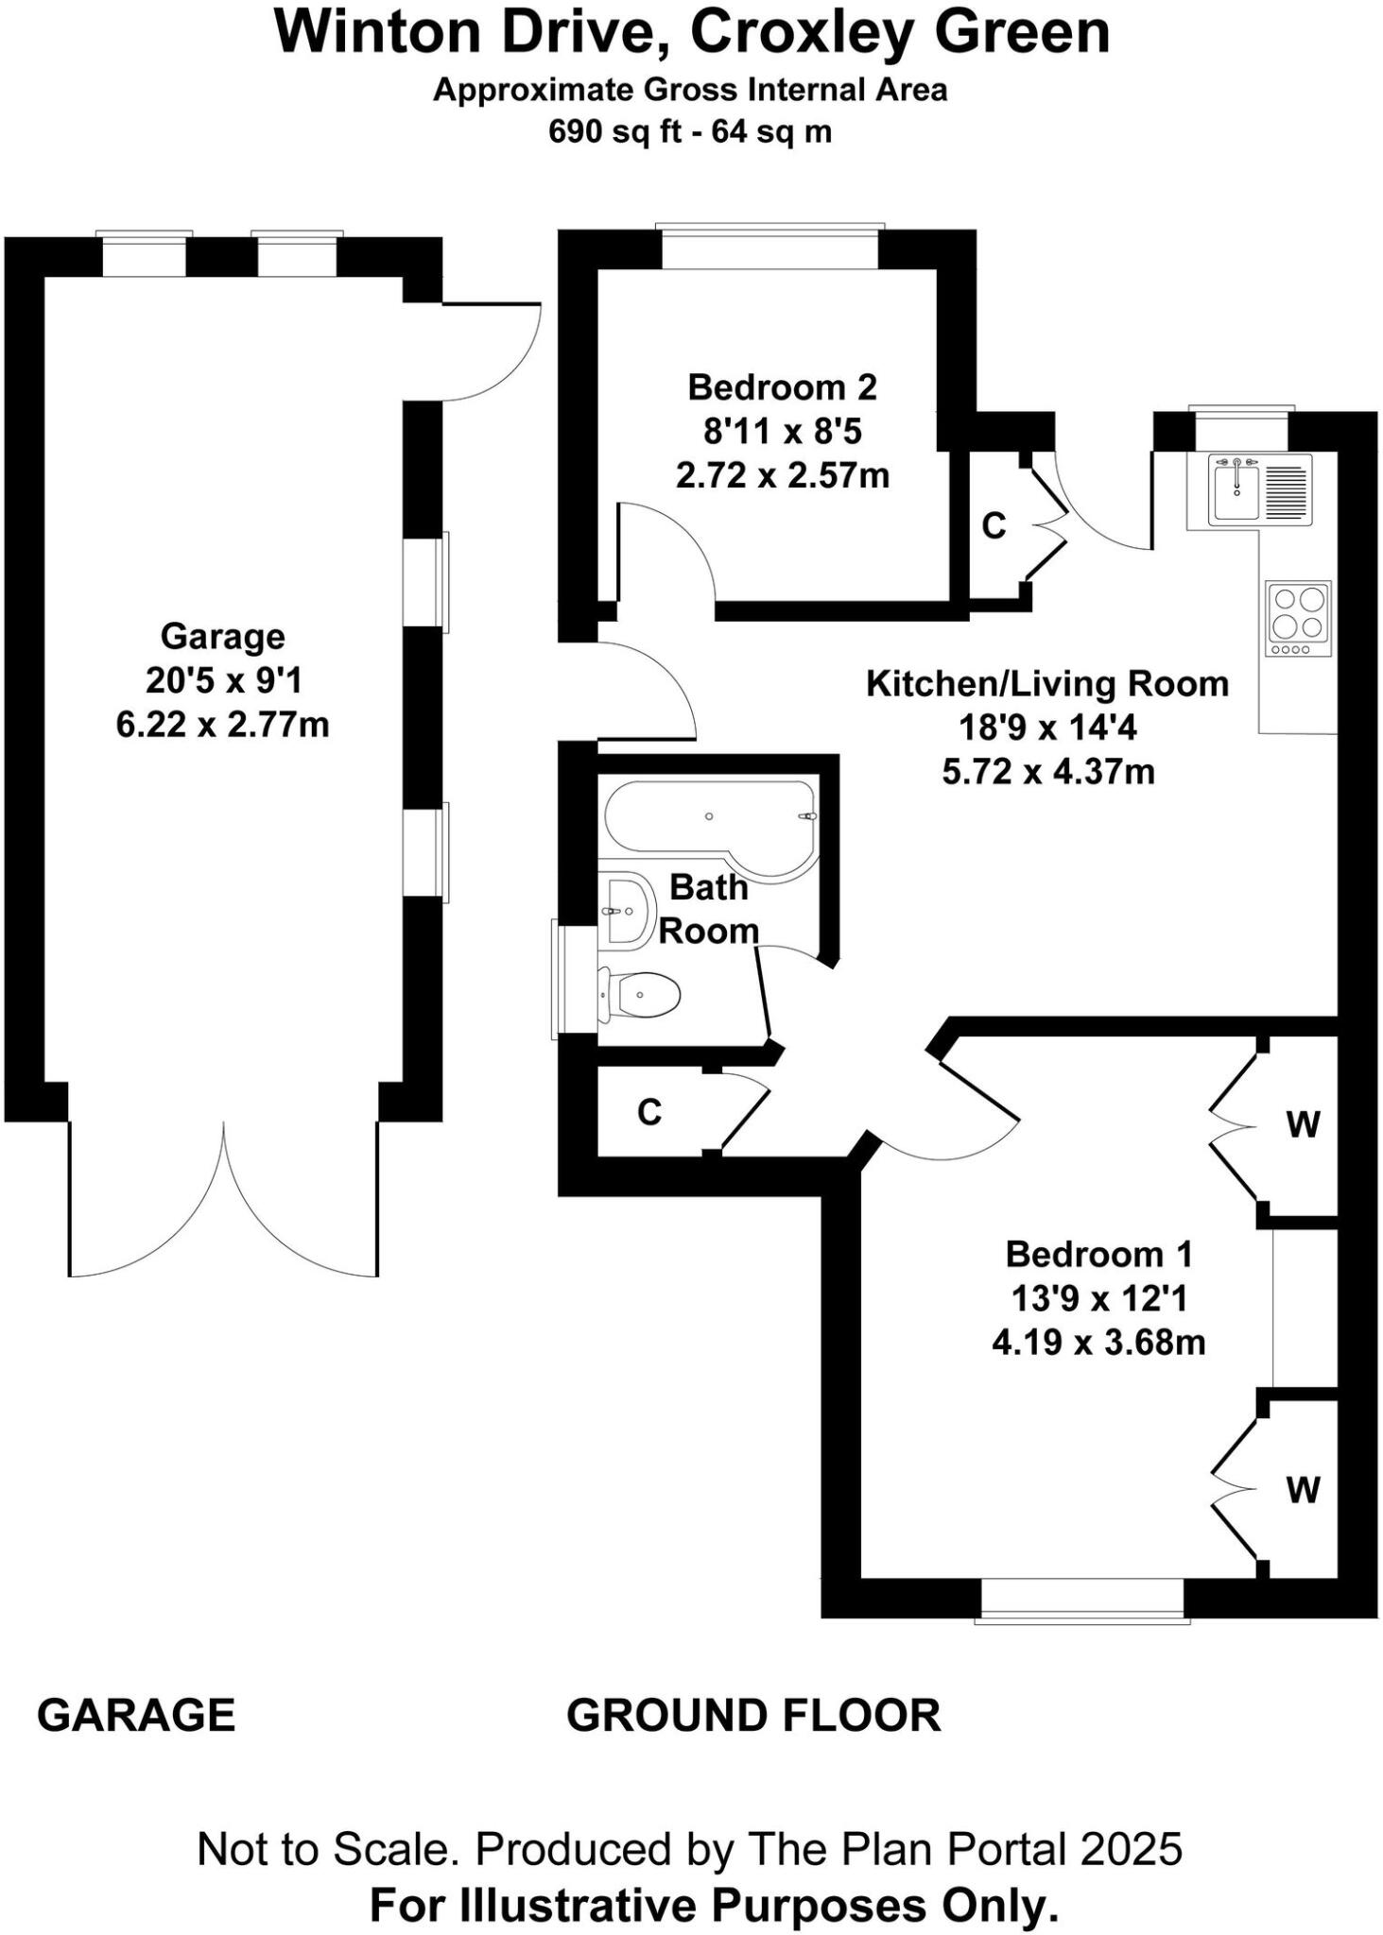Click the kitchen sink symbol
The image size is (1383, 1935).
1248,488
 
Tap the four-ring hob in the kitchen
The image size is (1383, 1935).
1298,617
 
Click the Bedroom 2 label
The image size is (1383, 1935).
782,386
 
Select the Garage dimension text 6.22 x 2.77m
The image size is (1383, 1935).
222,725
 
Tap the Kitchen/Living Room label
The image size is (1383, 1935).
1047,683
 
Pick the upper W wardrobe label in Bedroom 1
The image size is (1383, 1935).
1303,1124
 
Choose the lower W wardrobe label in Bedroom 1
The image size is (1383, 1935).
1303,1490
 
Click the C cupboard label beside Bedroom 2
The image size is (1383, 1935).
994,525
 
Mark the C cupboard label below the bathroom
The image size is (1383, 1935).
649,1112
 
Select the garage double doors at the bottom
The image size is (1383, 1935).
223,1200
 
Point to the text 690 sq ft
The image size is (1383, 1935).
614,130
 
